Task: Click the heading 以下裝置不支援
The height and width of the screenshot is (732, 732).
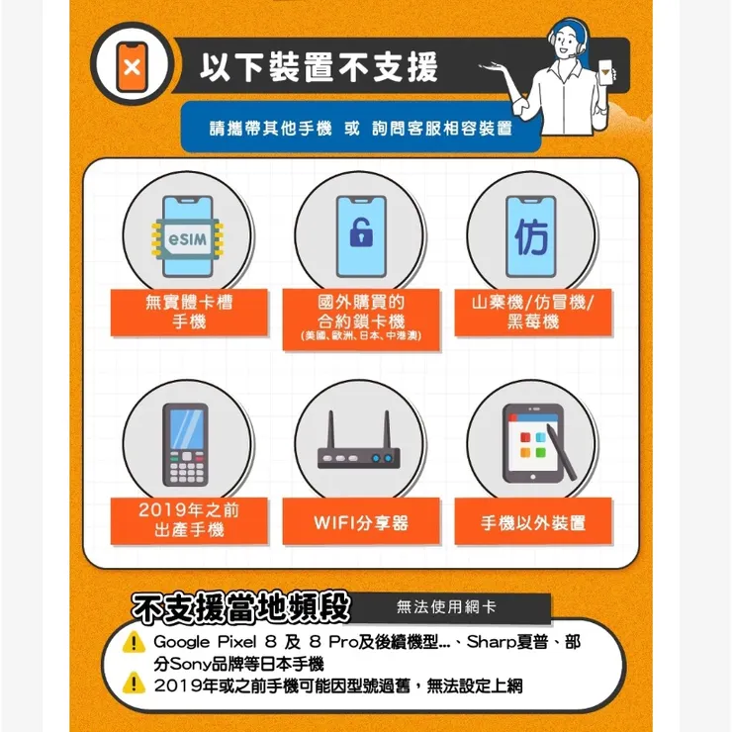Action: point(318,68)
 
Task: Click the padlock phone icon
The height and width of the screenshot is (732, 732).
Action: point(360,236)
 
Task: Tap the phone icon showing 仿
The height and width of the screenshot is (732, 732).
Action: point(531,236)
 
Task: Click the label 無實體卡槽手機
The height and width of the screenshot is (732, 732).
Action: point(189,312)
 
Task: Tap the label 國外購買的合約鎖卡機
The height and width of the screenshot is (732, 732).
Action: point(360,316)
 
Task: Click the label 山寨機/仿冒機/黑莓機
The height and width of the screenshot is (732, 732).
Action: point(532,312)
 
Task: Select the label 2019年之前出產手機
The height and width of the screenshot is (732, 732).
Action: point(189,520)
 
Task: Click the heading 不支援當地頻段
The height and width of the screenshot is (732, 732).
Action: point(241,607)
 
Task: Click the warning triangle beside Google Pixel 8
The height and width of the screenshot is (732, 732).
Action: point(135,643)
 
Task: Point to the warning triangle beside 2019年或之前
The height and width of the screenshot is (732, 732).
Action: point(135,685)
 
